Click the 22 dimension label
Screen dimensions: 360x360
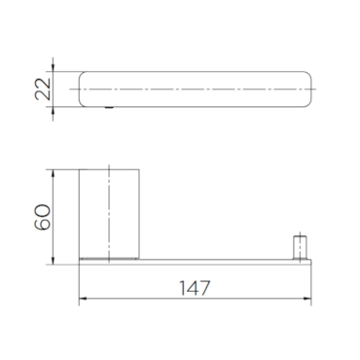(x=43, y=90)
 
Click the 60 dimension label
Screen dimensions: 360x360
(x=43, y=217)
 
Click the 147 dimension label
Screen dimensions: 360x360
(x=195, y=288)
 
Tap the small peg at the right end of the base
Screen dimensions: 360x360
(x=300, y=247)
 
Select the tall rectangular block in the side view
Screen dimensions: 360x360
(x=109, y=214)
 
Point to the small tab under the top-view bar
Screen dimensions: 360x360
(x=109, y=108)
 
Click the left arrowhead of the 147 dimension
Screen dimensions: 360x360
(x=83, y=299)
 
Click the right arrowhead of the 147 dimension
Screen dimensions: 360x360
(x=307, y=299)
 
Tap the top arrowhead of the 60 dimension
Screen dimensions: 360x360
(x=53, y=173)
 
